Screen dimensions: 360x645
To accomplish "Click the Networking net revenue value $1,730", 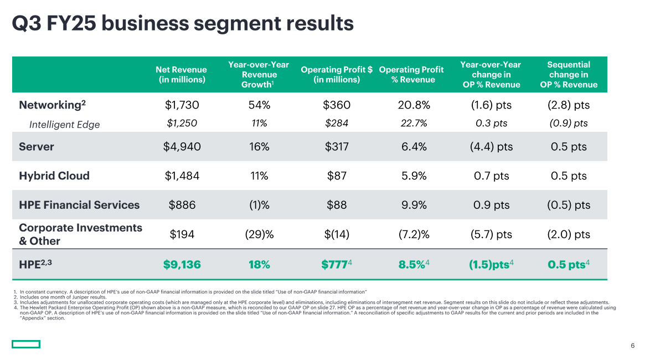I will click(182, 105).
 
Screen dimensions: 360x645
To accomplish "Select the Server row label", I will click(37, 147).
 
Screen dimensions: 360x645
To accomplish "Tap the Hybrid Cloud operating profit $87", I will click(337, 176).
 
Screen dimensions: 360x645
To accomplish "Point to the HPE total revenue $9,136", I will click(182, 265).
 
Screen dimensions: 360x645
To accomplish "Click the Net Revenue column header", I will click(181, 74).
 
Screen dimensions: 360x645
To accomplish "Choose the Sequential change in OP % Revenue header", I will click(569, 74).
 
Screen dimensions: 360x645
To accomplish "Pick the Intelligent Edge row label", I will click(64, 125).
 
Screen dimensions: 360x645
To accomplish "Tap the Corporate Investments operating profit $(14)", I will click(337, 234).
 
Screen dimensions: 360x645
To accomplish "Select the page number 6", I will click(632, 346).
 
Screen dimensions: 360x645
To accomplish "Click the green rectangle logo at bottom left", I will click(26, 344).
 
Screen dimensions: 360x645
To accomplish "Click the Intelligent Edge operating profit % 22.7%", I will click(414, 124).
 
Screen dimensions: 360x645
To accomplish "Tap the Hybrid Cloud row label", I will click(54, 176).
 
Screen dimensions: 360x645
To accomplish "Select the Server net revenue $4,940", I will click(182, 147).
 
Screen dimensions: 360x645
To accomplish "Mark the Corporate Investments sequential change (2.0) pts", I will click(569, 234).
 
